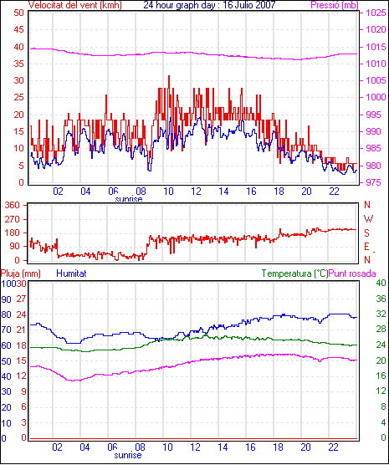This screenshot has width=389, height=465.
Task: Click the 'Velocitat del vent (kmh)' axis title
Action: coord(74,5)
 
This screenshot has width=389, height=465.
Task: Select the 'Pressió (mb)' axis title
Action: coord(335,5)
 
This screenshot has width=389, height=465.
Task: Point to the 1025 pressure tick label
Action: coord(376,13)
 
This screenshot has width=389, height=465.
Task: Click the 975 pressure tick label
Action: coord(376,182)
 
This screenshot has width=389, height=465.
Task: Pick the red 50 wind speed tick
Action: coord(18,13)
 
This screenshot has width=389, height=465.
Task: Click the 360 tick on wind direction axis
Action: coord(13,205)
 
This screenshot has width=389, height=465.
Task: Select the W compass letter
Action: coord(368,219)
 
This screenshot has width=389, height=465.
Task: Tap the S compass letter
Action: coord(367,233)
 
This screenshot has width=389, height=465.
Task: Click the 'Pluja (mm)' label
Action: coord(21,273)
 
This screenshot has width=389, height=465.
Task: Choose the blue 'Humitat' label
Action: coord(71,273)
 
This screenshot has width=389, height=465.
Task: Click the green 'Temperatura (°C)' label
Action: coord(295,273)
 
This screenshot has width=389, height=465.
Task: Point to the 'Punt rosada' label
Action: coord(352,273)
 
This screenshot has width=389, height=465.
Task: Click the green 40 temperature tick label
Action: coord(381,283)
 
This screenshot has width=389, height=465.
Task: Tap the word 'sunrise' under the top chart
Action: coord(129,199)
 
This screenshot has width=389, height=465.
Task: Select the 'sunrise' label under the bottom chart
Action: coord(128,455)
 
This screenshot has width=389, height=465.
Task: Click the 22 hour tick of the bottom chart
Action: coord(333,447)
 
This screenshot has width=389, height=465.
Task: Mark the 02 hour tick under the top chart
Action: coord(59,192)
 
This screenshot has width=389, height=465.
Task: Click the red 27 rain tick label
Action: coord(21,299)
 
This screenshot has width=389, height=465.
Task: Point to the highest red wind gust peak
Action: coord(169,76)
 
